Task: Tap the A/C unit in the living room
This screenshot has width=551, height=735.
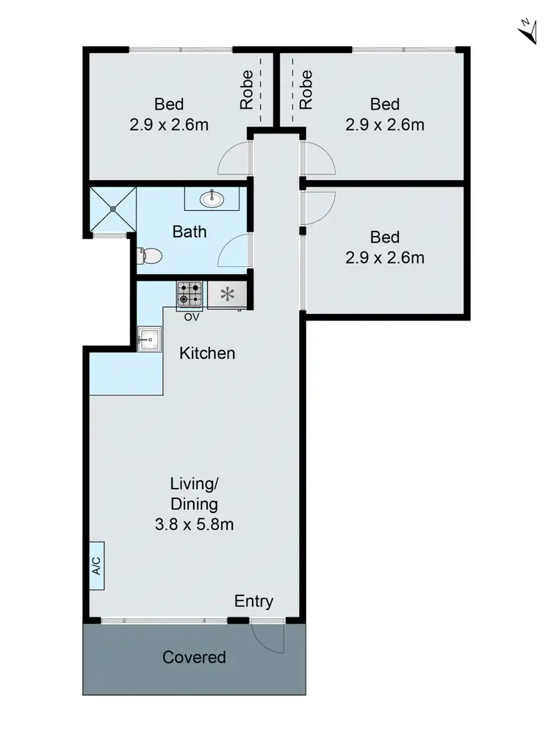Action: tap(96, 565)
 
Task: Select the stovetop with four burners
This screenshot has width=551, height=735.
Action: tap(190, 295)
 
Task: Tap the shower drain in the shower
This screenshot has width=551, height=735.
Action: tap(114, 209)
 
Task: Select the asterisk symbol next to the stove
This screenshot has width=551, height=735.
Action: tap(228, 295)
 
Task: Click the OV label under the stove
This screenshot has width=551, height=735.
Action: tap(192, 318)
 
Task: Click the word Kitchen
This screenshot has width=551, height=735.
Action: tap(208, 354)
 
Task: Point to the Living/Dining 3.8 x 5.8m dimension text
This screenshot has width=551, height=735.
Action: tap(194, 525)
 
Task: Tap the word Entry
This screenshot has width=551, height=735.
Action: tap(253, 601)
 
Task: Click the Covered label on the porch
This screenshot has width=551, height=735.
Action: tap(194, 657)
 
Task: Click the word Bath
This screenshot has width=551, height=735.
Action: tap(189, 232)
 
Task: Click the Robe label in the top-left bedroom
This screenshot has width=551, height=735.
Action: tap(247, 89)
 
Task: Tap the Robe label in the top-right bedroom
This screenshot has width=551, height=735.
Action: tap(306, 89)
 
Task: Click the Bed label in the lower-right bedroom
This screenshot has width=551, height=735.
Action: tap(384, 237)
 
